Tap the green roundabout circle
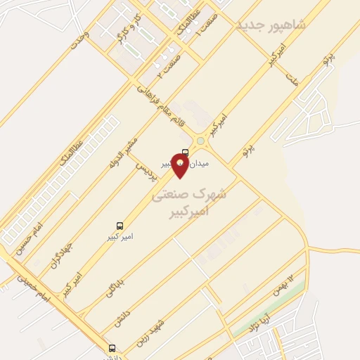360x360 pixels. [x=200, y=141]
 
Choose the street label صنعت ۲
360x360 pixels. [x=169, y=63]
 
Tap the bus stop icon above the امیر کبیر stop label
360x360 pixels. [x=120, y=226]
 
